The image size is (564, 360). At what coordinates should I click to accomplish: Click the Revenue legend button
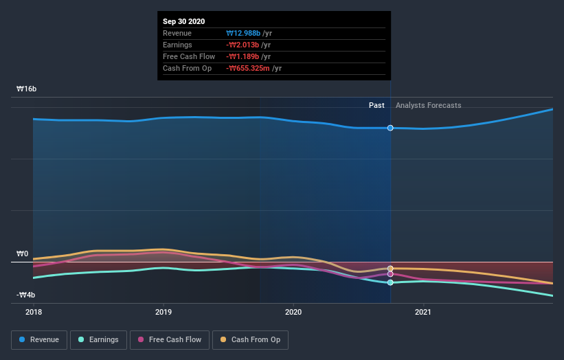pos(39,339)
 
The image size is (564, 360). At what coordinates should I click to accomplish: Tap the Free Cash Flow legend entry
pos(170,339)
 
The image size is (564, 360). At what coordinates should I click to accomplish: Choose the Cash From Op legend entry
pos(251,339)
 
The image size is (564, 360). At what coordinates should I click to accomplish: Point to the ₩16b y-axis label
pos(27,89)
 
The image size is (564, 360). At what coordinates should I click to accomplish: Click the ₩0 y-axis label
pos(22,254)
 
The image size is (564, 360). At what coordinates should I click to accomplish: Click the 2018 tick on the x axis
pos(33,311)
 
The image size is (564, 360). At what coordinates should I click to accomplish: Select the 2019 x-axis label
pos(163,311)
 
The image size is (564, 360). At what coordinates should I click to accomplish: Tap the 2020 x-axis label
pos(293,311)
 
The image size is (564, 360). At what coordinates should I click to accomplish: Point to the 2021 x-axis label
pos(424,311)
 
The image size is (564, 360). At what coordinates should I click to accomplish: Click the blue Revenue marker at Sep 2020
pos(390,128)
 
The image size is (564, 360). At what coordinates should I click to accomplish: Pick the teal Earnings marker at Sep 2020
pos(390,282)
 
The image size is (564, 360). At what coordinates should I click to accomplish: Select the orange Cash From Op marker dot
pos(390,269)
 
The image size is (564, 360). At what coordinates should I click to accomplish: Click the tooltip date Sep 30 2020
pos(184,22)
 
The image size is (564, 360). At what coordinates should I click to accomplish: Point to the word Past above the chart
pos(376,105)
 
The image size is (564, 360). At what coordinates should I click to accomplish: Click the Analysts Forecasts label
pos(429,105)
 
